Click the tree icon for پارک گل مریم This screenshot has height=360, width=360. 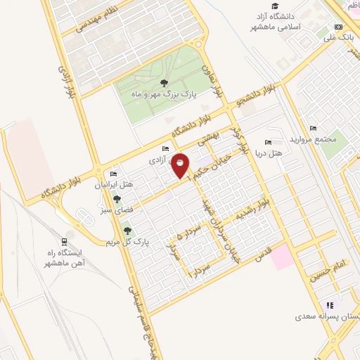click(x=127, y=229)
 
